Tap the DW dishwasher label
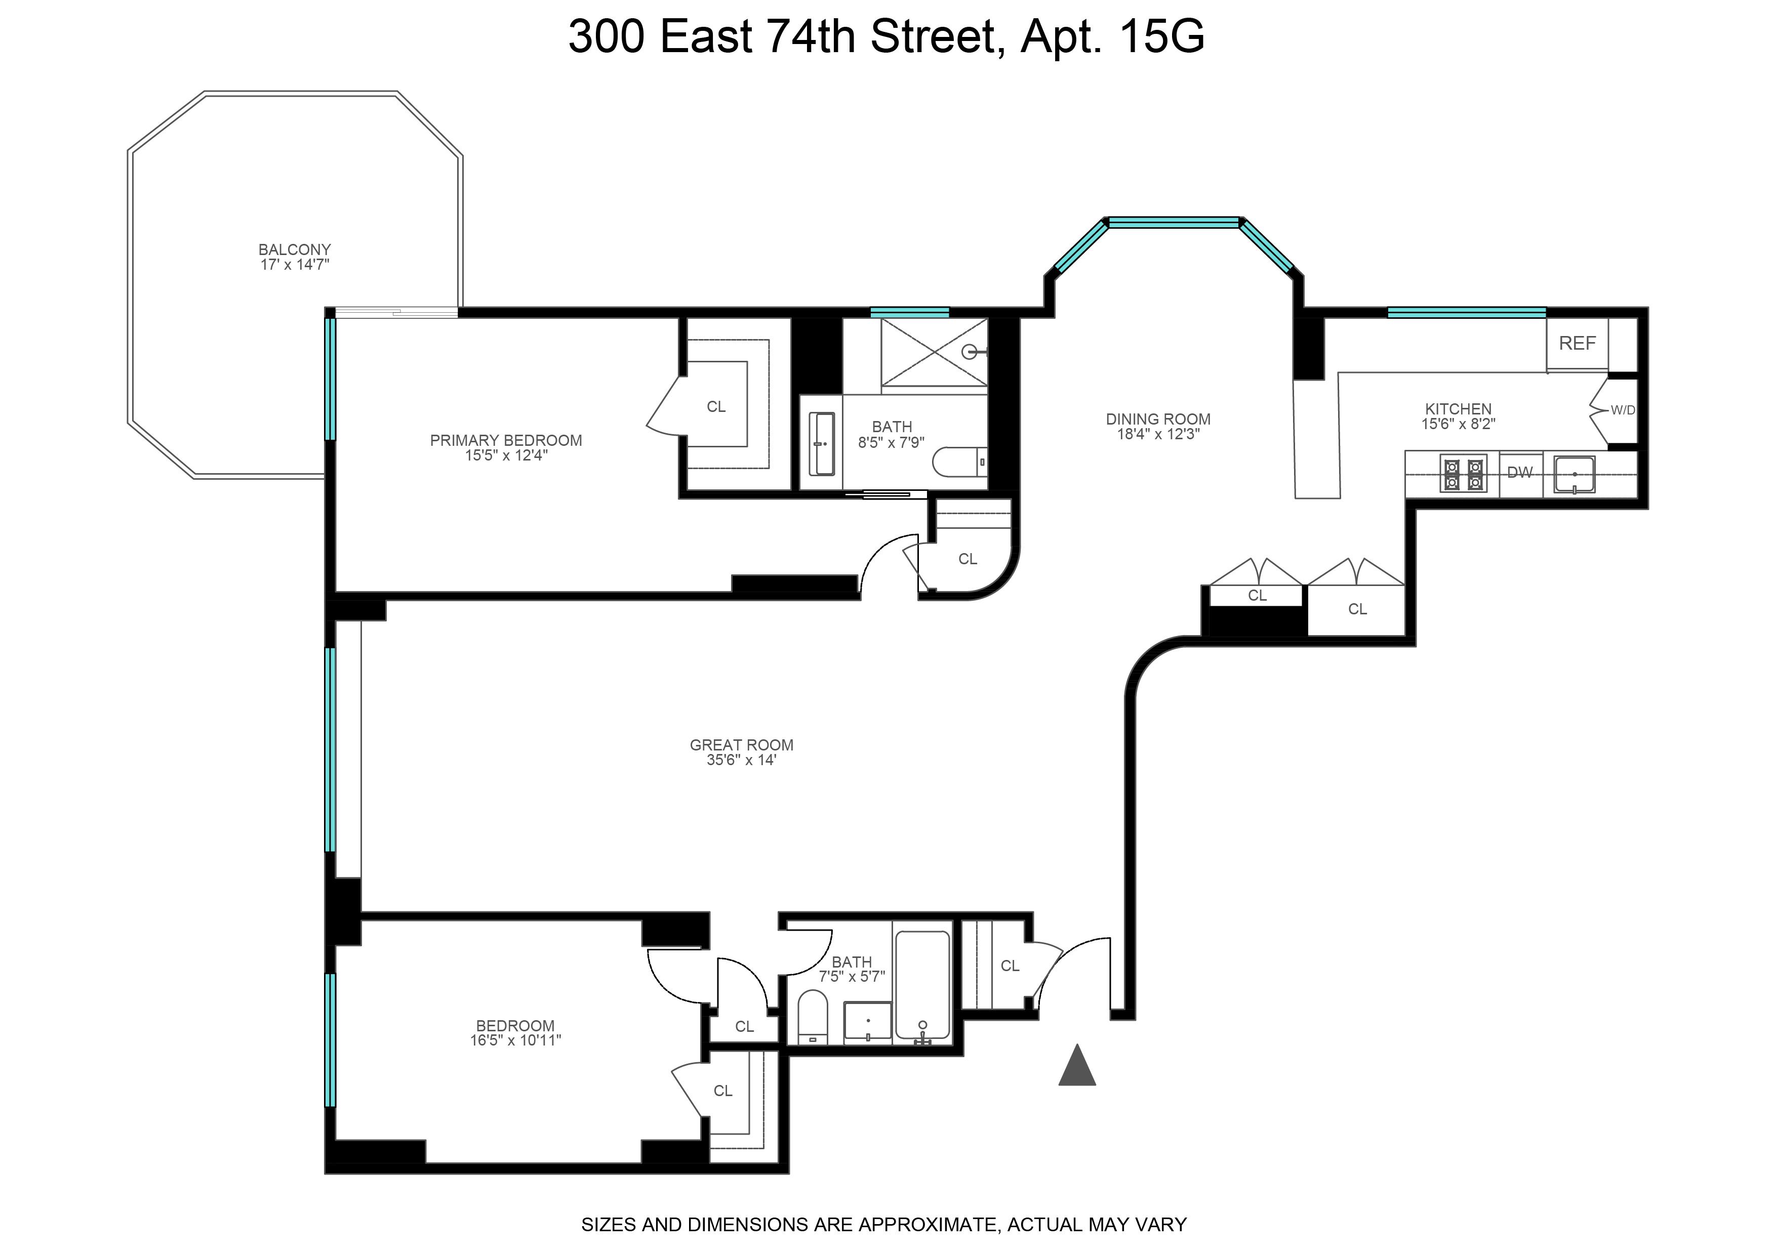tap(1520, 473)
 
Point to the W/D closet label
tap(1623, 410)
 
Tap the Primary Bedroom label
tap(506, 440)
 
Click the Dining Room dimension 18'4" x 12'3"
tap(1157, 434)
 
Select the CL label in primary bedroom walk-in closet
tap(716, 406)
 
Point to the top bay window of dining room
tap(1174, 223)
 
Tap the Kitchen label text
tap(1458, 409)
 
